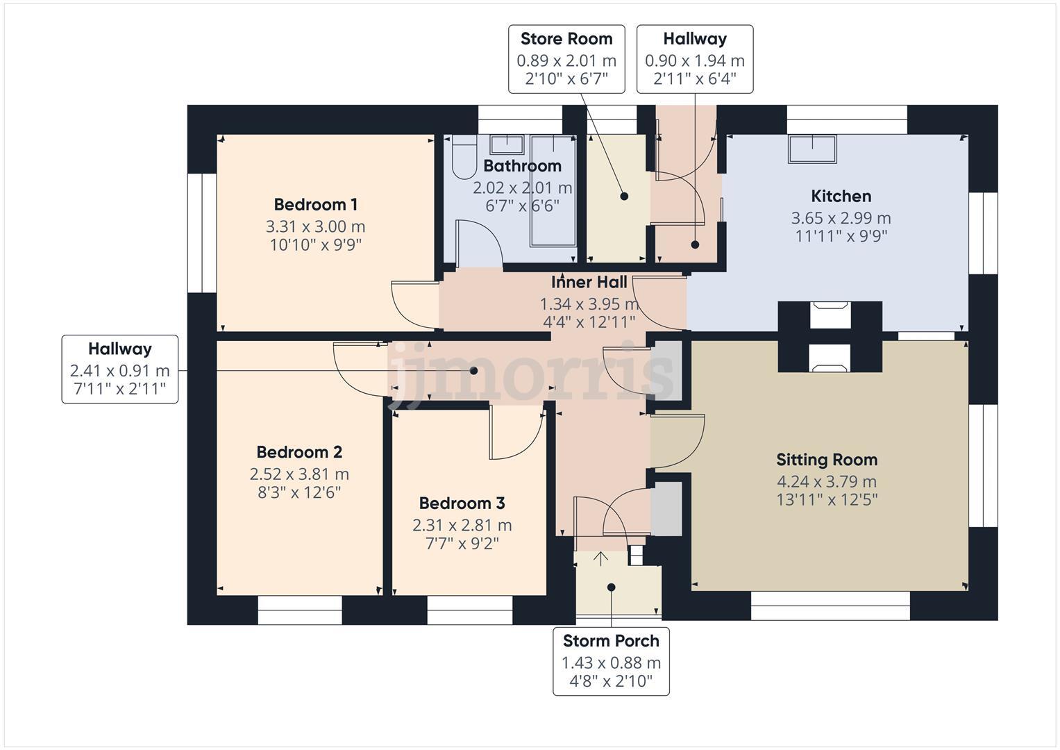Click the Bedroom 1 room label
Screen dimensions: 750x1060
pyautogui.click(x=316, y=205)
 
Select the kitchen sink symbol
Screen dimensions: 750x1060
pyautogui.click(x=812, y=149)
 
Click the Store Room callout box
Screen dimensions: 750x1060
pyautogui.click(x=566, y=59)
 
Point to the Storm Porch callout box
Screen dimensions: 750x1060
pyautogui.click(x=611, y=660)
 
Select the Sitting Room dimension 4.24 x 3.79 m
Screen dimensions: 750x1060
pyautogui.click(x=826, y=481)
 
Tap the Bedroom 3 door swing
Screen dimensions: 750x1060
pyautogui.click(x=515, y=434)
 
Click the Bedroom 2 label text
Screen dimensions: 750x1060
pyautogui.click(x=299, y=452)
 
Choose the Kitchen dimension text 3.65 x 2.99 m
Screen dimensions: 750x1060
pyautogui.click(x=841, y=218)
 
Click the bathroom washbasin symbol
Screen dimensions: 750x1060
pyautogui.click(x=507, y=144)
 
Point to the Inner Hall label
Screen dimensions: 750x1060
pyautogui.click(x=589, y=283)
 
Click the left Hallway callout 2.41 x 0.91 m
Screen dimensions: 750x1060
pyautogui.click(x=119, y=369)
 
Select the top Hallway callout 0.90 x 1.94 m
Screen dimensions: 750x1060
pyautogui.click(x=694, y=59)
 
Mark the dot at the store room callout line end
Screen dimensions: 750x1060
pyautogui.click(x=624, y=197)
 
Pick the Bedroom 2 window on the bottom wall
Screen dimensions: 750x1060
pyautogui.click(x=300, y=610)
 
